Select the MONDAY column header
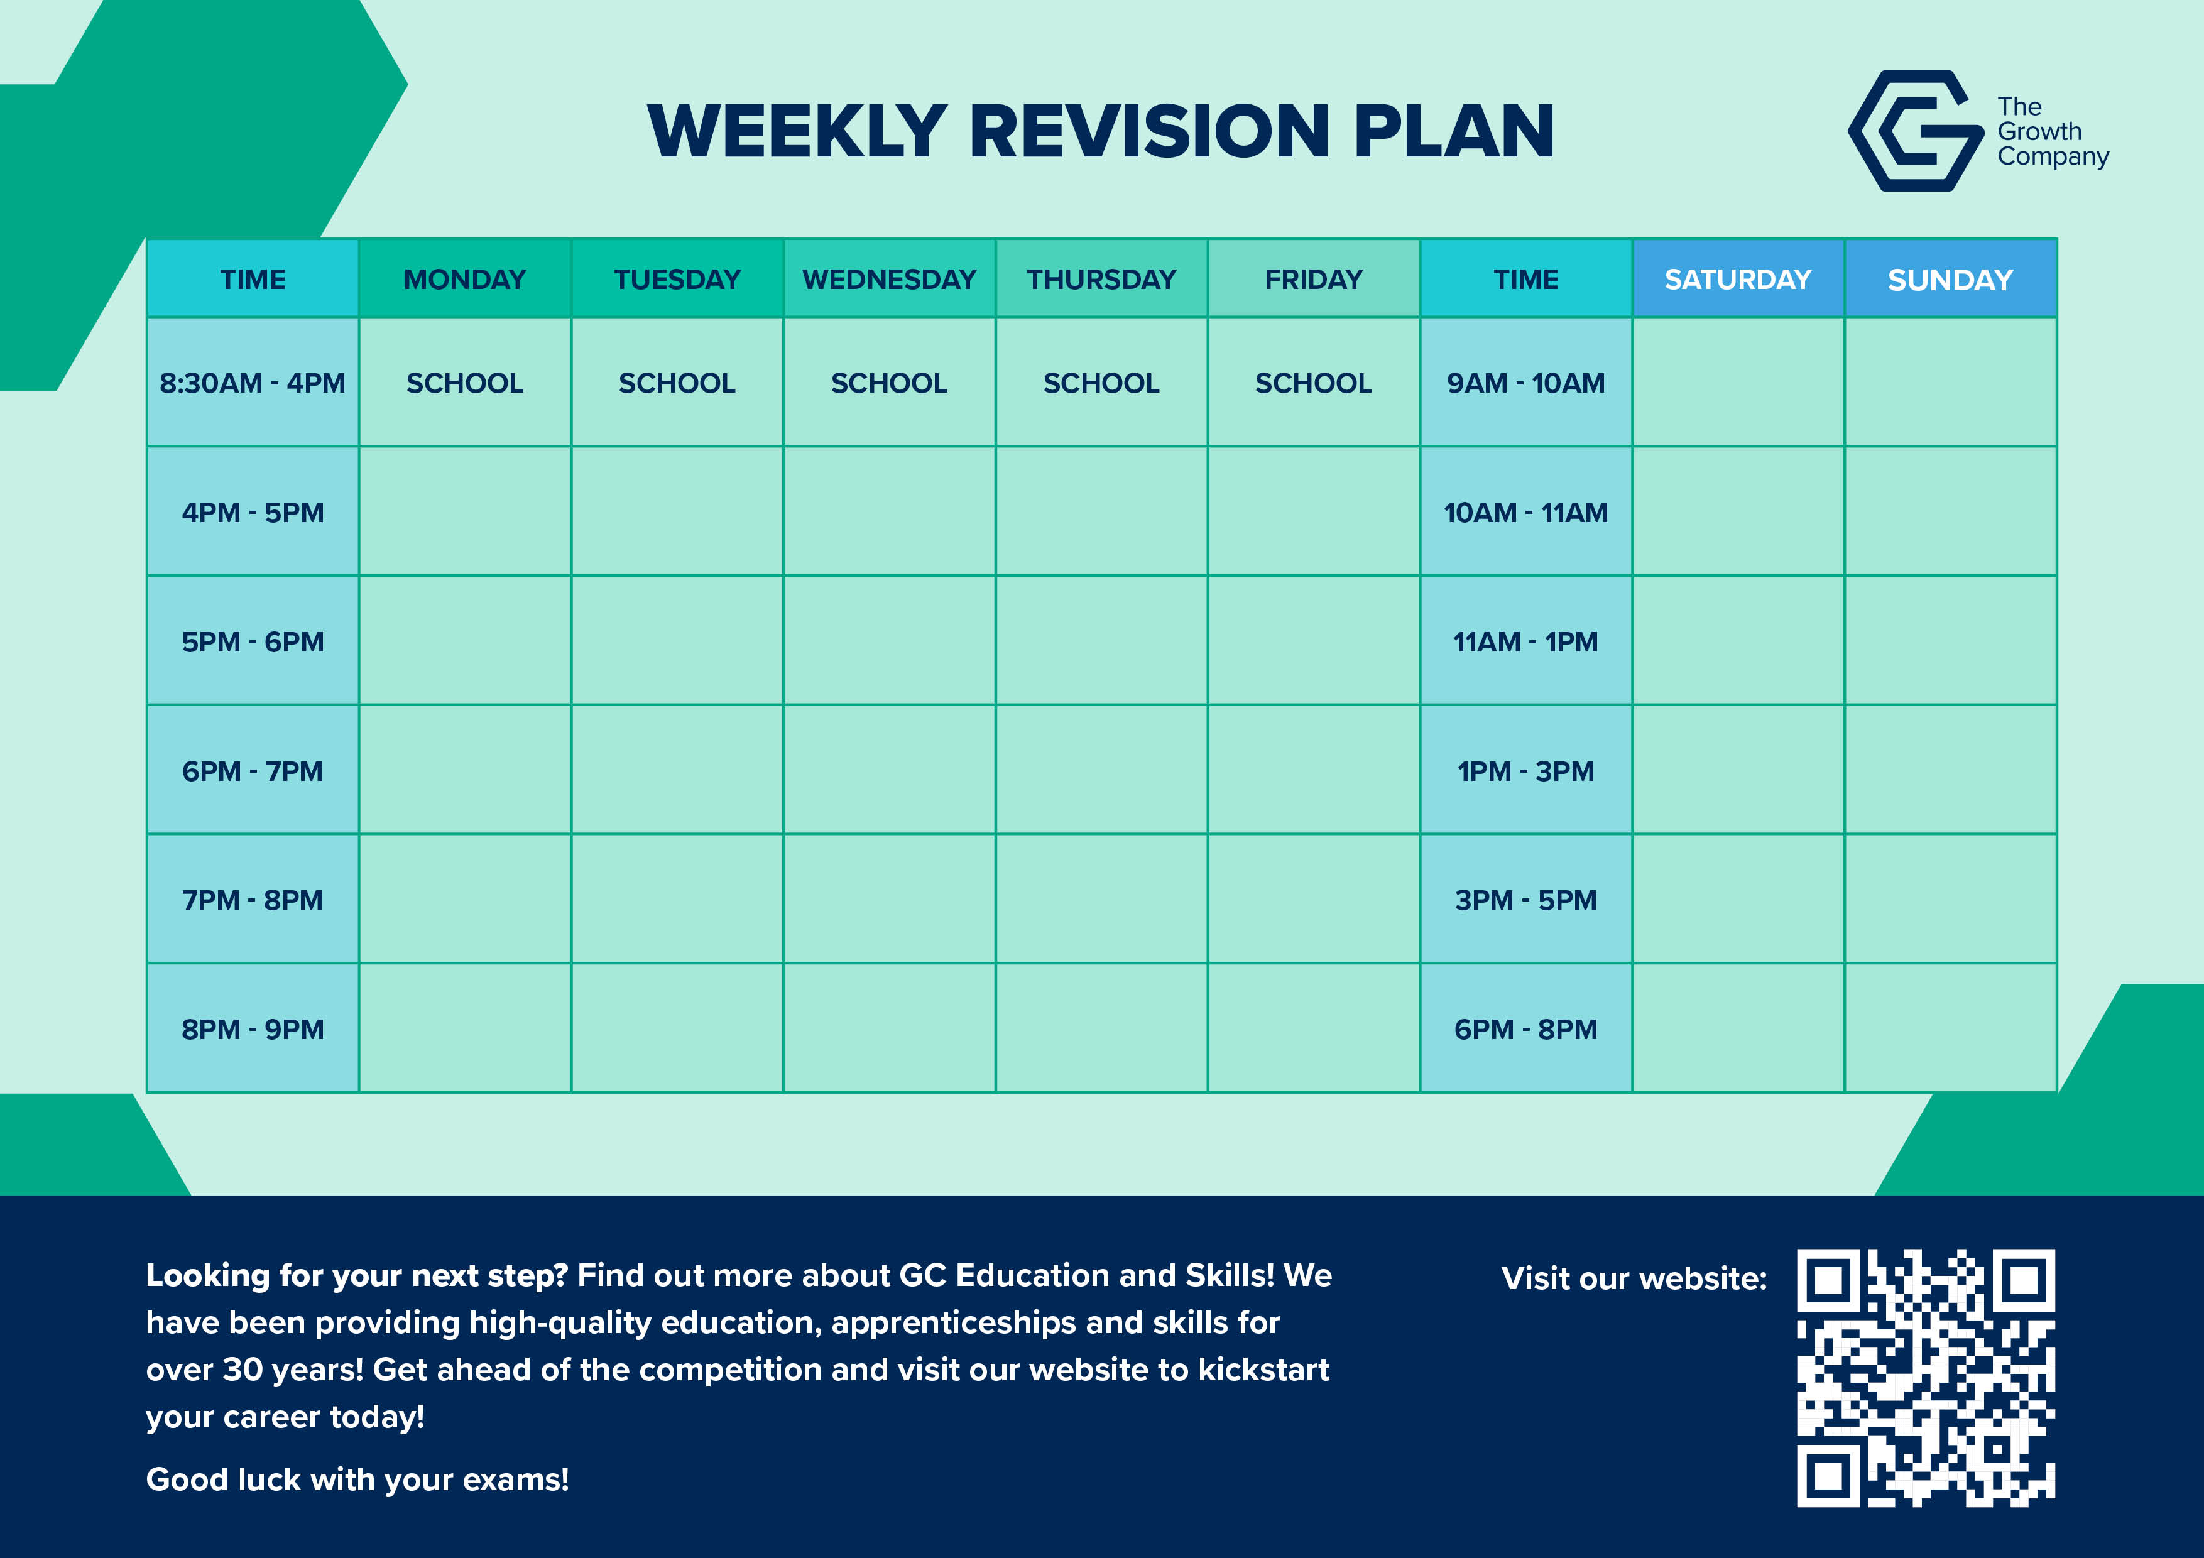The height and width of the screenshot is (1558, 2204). point(464,280)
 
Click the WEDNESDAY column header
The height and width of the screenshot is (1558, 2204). point(889,280)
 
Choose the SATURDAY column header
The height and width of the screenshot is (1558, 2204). point(1737,280)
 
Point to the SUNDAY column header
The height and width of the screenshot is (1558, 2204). point(1950,280)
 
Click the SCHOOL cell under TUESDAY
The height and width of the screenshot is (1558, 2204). point(677,383)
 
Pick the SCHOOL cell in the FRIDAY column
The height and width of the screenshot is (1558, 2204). point(1313,383)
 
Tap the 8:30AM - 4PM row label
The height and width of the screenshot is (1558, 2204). point(253,383)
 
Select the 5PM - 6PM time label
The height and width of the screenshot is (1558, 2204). point(253,641)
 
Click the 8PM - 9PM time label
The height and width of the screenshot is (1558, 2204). point(253,1029)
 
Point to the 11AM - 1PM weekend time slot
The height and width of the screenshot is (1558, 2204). point(1525,641)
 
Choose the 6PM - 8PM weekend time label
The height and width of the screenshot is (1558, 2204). point(1525,1029)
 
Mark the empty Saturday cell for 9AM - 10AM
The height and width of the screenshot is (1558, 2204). point(1737,383)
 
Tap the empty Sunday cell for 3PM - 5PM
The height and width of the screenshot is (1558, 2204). point(1950,900)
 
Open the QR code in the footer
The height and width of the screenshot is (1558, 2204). point(1926,1378)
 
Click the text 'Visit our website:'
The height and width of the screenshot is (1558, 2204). point(1634,1278)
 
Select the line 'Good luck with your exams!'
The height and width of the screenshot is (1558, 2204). point(357,1479)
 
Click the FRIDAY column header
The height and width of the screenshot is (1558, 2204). point(1313,280)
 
